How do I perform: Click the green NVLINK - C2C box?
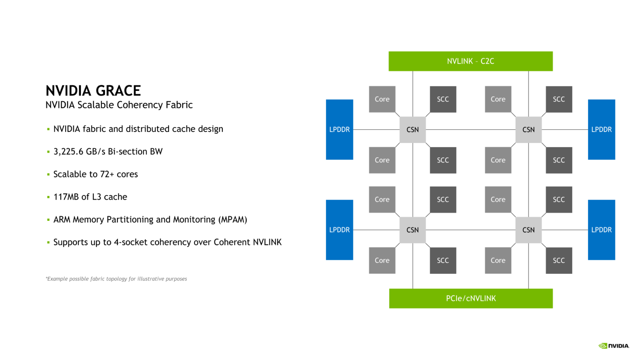[x=470, y=61]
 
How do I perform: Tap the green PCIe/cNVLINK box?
[x=471, y=298]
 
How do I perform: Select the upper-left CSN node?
[x=412, y=130]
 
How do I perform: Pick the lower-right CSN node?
[x=528, y=230]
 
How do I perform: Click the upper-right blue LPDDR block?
[x=601, y=129]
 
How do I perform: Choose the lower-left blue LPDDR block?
[x=339, y=230]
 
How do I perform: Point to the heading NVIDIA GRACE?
[x=93, y=91]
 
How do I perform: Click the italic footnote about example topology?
[x=116, y=279]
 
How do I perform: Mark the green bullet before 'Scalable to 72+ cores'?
[x=48, y=174]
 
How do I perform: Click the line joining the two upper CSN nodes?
[x=471, y=130]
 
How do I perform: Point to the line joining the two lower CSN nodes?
[x=471, y=230]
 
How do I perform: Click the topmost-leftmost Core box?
[x=382, y=99]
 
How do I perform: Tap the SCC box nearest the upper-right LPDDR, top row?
[x=559, y=99]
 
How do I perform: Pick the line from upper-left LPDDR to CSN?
[x=376, y=130]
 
